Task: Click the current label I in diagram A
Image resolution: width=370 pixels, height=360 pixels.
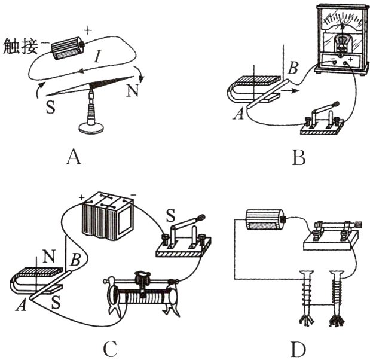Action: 97,56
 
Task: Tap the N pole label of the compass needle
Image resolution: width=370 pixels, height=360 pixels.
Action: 132,90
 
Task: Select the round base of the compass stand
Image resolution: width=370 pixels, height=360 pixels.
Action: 91,128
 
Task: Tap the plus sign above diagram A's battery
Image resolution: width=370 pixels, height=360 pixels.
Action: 87,30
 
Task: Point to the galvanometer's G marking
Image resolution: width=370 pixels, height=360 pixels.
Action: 343,22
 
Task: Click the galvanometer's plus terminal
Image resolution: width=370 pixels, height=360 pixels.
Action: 346,63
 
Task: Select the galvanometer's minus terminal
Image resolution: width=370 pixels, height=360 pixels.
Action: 335,63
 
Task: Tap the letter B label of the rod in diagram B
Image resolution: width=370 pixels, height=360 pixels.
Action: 293,68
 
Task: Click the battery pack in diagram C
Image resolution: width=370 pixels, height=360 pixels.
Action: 108,216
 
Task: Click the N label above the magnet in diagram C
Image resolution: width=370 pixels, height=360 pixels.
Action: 50,257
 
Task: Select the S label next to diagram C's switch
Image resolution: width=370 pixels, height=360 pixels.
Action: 170,216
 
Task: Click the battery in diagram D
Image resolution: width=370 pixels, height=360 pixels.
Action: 266,219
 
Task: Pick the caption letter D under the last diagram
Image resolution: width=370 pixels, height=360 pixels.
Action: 298,350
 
